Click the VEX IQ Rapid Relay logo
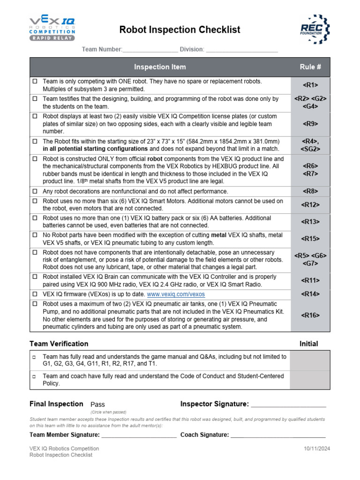pos(52,29)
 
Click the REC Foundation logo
pos(313,29)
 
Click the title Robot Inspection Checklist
pos(180,30)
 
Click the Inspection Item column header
pos(160,67)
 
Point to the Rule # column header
pos(310,67)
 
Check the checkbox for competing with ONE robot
pos(35,82)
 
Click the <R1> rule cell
pos(310,85)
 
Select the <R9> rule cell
pos(310,124)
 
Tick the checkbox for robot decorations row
pos(35,191)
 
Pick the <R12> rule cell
pos(310,204)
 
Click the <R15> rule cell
pos(310,239)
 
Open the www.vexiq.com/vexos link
pos(176,294)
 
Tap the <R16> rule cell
pos(310,315)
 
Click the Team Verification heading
pos(59,344)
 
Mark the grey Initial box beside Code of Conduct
pos(310,379)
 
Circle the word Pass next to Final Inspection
pos(97,405)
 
